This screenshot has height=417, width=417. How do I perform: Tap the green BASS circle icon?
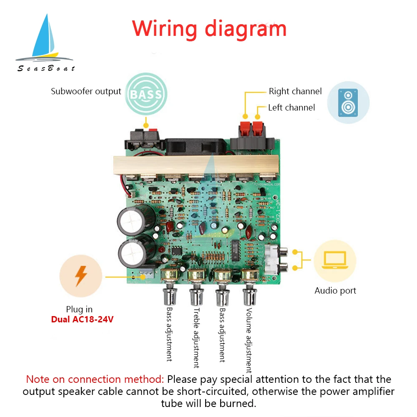(x=146, y=94)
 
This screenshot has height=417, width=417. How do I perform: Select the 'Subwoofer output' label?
(x=86, y=91)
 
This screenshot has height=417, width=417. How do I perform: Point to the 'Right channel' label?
(x=295, y=91)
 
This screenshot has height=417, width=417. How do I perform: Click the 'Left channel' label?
(x=291, y=108)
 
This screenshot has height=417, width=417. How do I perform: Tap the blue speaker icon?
(x=348, y=102)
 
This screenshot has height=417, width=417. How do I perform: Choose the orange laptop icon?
(x=335, y=261)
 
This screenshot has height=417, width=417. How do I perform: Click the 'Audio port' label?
(x=335, y=291)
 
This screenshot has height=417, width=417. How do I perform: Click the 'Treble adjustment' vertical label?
(x=196, y=338)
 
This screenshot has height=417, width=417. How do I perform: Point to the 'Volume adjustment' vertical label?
(x=249, y=340)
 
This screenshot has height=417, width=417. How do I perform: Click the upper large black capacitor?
(x=133, y=219)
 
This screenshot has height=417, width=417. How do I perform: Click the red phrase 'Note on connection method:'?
(x=95, y=379)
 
